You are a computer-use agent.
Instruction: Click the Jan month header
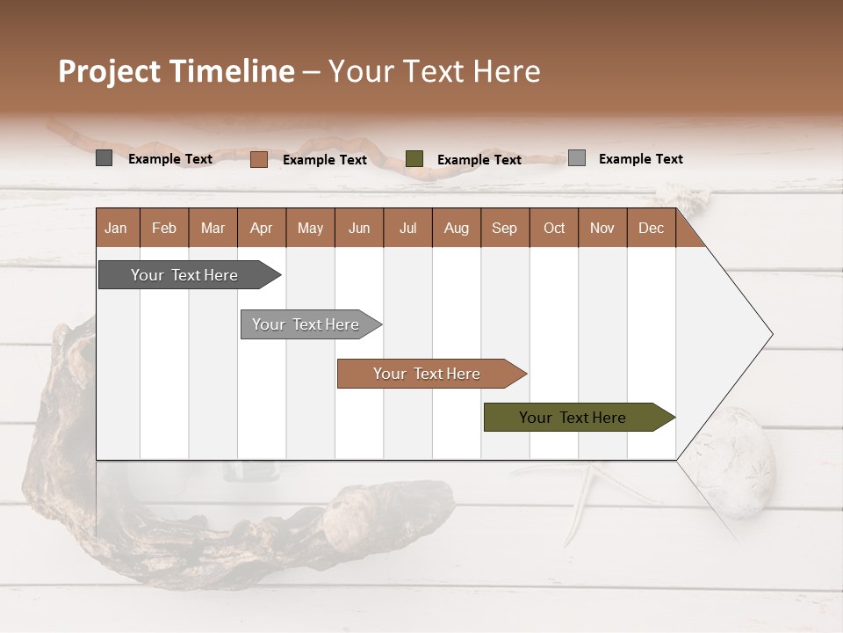pyautogui.click(x=117, y=228)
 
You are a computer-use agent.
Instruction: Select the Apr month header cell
pyautogui.click(x=262, y=228)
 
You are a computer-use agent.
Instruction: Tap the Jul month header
pyautogui.click(x=407, y=228)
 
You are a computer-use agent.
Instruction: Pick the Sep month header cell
pyautogui.click(x=505, y=228)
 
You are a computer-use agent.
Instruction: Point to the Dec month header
pyautogui.click(x=651, y=228)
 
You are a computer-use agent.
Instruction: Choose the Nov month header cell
pyautogui.click(x=602, y=228)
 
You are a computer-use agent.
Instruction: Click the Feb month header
pyautogui.click(x=164, y=228)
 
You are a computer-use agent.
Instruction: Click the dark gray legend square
pyautogui.click(x=104, y=158)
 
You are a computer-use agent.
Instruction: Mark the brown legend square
pyautogui.click(x=258, y=159)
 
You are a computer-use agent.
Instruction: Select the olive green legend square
pyautogui.click(x=414, y=159)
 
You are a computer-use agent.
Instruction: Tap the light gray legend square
pyautogui.click(x=577, y=158)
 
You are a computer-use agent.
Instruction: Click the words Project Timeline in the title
pyautogui.click(x=176, y=71)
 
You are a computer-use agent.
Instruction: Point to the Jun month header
pyautogui.click(x=359, y=228)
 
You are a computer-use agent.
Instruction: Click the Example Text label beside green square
pyautogui.click(x=479, y=160)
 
